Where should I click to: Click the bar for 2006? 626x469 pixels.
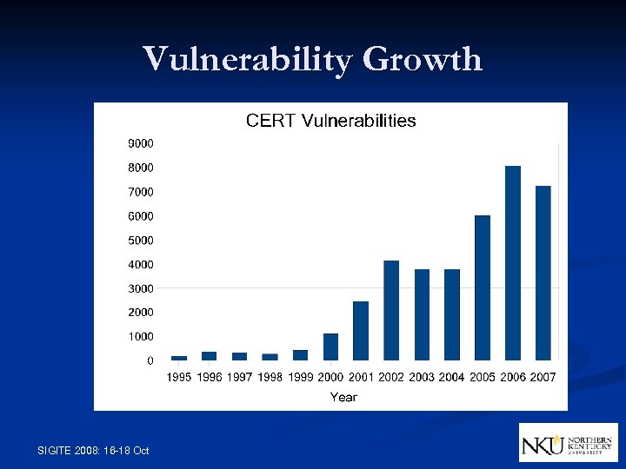point(513,263)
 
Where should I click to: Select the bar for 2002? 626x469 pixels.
point(391,310)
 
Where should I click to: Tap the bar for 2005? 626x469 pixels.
point(483,287)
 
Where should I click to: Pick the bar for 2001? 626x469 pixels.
point(361,331)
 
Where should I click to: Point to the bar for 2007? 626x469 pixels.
point(543,273)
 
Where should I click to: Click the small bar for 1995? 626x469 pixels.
point(179,358)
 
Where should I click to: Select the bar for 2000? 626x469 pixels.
point(330,347)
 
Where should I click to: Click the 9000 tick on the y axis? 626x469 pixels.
point(141,142)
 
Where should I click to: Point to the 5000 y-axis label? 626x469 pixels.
point(141,240)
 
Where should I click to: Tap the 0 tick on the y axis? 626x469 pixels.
point(150,360)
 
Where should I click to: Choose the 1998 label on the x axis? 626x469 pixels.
point(270,377)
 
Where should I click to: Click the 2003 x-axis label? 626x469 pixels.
point(422,377)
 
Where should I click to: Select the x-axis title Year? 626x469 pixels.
point(343,397)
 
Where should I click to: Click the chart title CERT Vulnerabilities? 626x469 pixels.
point(330,121)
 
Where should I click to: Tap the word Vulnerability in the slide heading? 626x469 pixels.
point(248,60)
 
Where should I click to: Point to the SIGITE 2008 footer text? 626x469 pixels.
point(94,450)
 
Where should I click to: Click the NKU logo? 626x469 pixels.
point(568,443)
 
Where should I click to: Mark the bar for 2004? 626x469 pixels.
point(452,314)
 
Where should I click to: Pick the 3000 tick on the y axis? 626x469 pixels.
point(141,288)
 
